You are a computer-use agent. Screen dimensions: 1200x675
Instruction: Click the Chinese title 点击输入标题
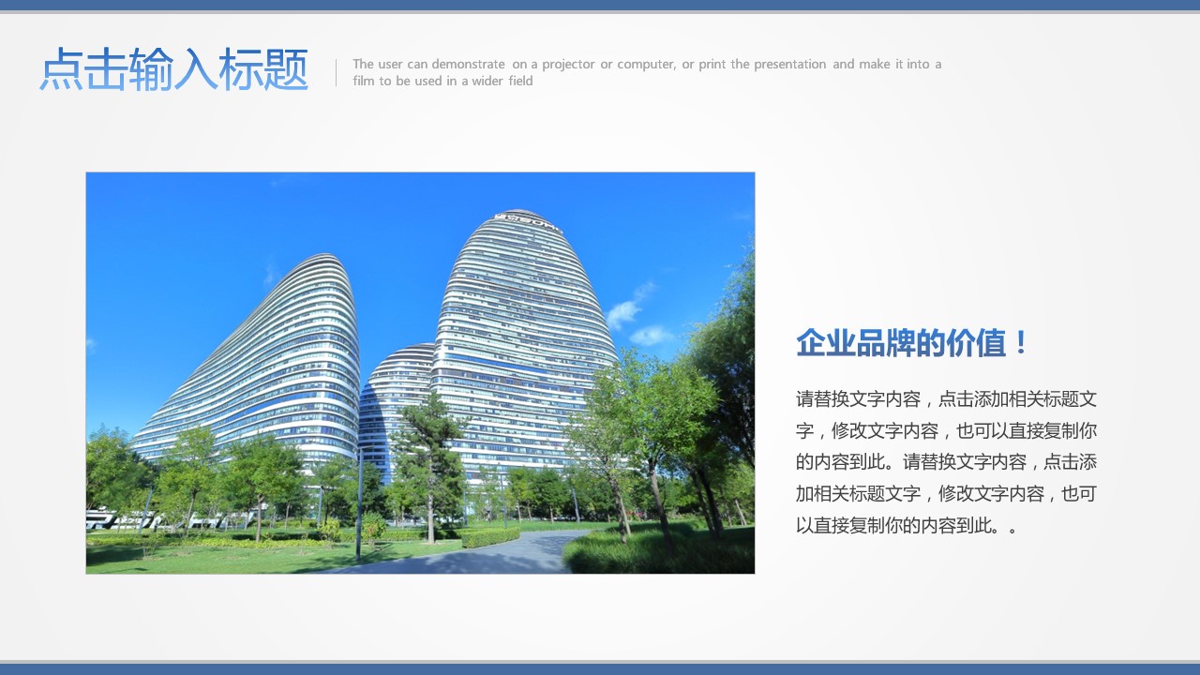(174, 69)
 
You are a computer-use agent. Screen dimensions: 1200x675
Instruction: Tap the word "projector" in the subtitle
(568, 65)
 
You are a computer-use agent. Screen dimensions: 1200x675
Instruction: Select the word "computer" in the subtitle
(647, 65)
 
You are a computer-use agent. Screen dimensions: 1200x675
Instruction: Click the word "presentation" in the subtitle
(790, 65)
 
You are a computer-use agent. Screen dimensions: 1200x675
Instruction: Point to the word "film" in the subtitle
(363, 81)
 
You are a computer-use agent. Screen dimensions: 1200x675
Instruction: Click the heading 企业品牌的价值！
(911, 343)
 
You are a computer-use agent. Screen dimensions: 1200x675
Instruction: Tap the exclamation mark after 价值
(1021, 343)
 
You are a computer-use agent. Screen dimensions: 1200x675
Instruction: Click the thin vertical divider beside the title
(336, 72)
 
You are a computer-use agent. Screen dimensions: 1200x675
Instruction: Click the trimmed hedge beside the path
(489, 537)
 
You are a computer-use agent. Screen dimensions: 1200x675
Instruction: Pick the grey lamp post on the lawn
(359, 503)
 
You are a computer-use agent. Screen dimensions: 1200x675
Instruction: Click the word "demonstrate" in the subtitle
(468, 65)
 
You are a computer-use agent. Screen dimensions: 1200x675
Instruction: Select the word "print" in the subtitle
(712, 65)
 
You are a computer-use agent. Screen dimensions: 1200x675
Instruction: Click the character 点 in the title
(61, 69)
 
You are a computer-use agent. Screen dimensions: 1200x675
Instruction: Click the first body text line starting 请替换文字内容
(947, 399)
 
